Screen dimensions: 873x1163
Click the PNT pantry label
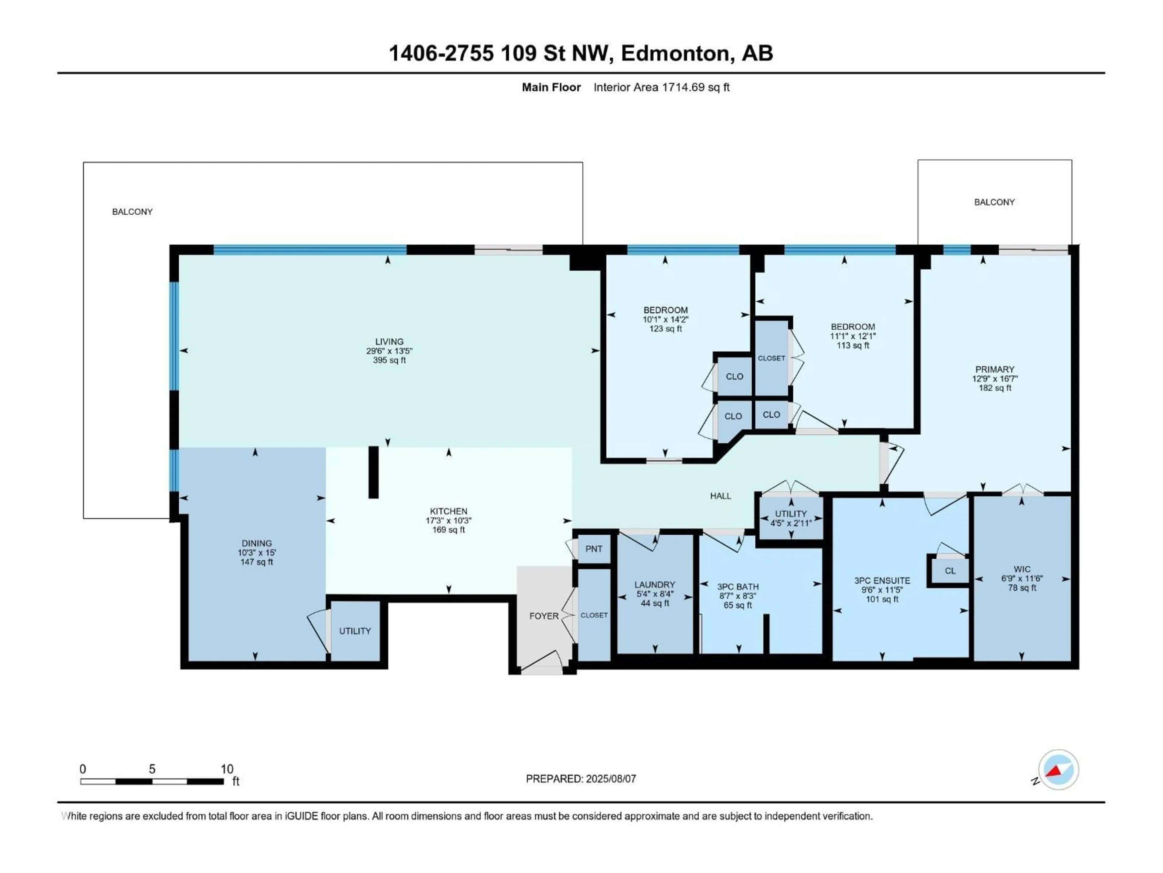(594, 549)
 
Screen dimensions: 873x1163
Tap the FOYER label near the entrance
(544, 616)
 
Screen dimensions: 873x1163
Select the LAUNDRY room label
(654, 585)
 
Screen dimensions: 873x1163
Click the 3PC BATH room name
(738, 587)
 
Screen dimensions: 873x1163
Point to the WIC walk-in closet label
(1022, 569)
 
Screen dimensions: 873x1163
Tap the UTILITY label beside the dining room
(355, 631)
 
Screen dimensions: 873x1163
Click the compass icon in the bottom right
(1059, 770)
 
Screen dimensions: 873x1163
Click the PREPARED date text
(581, 779)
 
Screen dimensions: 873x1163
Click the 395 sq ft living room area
(389, 360)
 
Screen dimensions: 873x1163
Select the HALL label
(720, 496)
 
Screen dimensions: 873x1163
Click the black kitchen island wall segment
(373, 472)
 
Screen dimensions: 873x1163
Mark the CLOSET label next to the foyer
(594, 615)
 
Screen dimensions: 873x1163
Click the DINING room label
(257, 543)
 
